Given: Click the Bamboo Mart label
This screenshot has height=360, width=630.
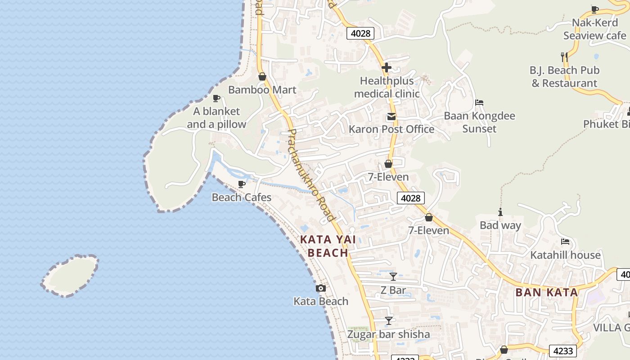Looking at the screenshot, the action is point(262,90).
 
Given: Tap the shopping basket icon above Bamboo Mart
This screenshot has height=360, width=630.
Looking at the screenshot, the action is point(262,77).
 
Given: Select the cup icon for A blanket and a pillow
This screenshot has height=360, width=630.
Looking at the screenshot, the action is point(216,99).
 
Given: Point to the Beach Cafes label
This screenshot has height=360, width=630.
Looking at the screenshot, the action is point(242,197).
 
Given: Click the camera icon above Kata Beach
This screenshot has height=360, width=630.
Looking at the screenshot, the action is point(321,288).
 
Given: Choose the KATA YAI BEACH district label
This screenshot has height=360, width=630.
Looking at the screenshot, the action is point(328,246).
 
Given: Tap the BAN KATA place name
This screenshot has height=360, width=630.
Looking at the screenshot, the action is point(546,292).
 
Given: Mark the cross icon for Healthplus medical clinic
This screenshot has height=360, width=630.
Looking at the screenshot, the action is point(386,68).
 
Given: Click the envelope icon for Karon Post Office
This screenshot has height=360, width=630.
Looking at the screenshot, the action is point(391,117).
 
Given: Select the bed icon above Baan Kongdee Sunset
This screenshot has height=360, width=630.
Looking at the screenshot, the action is point(479,103).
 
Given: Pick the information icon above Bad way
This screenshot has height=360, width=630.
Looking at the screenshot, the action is point(500,212).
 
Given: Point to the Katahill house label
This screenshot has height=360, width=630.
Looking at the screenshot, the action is point(565,255).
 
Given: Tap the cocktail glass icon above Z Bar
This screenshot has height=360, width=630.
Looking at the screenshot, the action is point(393,277).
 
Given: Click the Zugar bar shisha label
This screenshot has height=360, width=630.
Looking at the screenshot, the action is point(388,334).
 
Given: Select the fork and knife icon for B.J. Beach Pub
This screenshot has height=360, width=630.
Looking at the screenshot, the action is point(564,57).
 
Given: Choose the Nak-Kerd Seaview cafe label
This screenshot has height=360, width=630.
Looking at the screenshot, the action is point(594,29).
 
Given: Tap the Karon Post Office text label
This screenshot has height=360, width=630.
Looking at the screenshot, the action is point(391,129).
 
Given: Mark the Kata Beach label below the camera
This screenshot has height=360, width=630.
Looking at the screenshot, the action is point(321,301).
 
